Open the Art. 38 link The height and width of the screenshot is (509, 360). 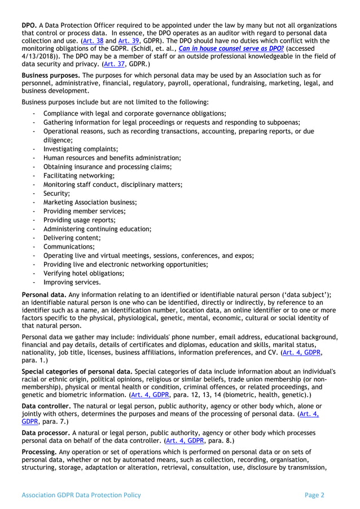(x=93, y=41)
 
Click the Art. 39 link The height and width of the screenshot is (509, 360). (x=125, y=41)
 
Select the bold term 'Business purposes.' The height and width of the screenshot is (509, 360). (x=51, y=76)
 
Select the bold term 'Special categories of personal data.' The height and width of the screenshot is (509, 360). (x=77, y=371)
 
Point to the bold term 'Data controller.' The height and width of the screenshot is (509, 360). (x=47, y=406)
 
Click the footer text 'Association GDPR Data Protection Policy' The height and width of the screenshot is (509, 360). (x=81, y=495)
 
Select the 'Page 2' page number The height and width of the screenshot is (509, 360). (x=314, y=495)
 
